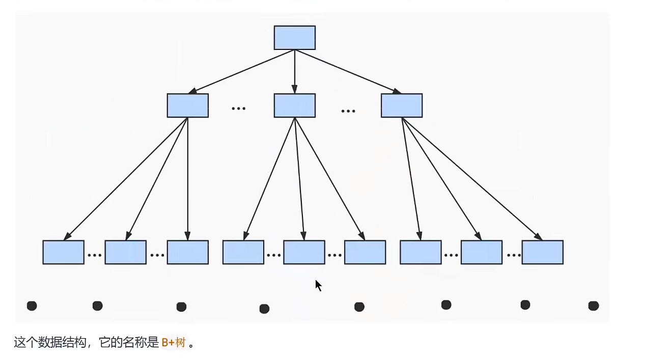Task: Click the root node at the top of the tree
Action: pos(294,38)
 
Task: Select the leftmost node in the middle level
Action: pos(187,105)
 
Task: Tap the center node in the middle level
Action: pos(294,105)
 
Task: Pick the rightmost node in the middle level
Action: pos(401,105)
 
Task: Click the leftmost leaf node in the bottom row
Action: pos(63,252)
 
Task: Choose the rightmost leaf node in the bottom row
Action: pos(542,252)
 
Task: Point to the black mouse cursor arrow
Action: pos(318,285)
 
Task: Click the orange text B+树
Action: pos(173,343)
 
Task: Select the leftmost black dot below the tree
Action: pos(32,306)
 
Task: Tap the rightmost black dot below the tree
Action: pos(593,306)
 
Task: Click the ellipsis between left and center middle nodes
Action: pos(238,108)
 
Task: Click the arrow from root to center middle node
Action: pos(294,71)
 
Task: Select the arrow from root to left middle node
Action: pos(242,71)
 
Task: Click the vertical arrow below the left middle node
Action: pos(188,178)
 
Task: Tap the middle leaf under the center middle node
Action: pos(304,252)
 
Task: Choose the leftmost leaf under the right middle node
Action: pos(421,252)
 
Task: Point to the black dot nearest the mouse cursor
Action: pos(359,307)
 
